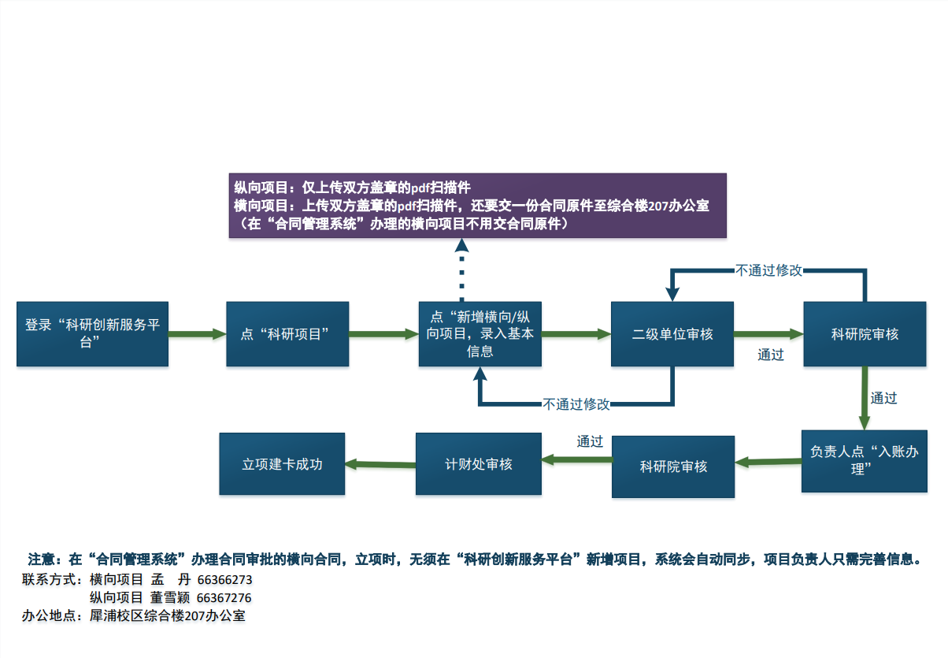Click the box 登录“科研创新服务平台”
pos(92,333)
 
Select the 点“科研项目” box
pos(287,333)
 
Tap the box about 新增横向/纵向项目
pos(480,333)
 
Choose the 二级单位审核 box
pos(672,333)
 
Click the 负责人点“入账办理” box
pos(864,460)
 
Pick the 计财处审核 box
pos(479,464)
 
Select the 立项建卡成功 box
pos(282,464)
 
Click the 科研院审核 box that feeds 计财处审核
pos(673,467)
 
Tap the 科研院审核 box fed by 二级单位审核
pos(865,333)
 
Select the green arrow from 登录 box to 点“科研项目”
pos(197,334)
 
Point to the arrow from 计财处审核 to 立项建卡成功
pos(380,464)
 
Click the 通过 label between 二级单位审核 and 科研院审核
pos(771,355)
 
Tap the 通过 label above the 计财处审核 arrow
pos(590,441)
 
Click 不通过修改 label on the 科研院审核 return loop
pos(768,270)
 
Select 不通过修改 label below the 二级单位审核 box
pos(576,404)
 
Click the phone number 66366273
pos(224,580)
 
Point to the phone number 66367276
pos(224,598)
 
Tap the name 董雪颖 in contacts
pos(170,598)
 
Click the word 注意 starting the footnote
pos(41,559)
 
